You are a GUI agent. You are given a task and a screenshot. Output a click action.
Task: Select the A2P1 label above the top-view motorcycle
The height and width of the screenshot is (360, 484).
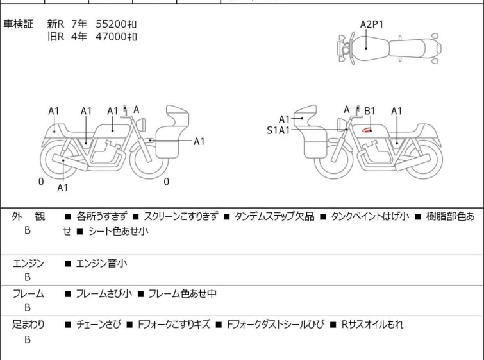[372, 24]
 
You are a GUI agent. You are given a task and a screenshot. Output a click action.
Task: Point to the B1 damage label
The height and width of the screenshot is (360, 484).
[370, 111]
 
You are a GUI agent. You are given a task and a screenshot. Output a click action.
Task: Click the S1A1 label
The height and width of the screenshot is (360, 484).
[278, 130]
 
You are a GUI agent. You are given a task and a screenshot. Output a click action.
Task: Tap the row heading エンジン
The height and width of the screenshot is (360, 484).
[28, 262]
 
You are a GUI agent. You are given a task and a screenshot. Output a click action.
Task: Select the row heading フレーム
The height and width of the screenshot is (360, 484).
[28, 294]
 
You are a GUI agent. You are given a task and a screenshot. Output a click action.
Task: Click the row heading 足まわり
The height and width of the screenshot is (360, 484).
[28, 325]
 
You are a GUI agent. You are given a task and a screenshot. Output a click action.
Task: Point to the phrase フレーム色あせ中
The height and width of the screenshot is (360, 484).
[182, 294]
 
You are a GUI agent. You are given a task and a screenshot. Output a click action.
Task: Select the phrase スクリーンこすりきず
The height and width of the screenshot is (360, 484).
[181, 217]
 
